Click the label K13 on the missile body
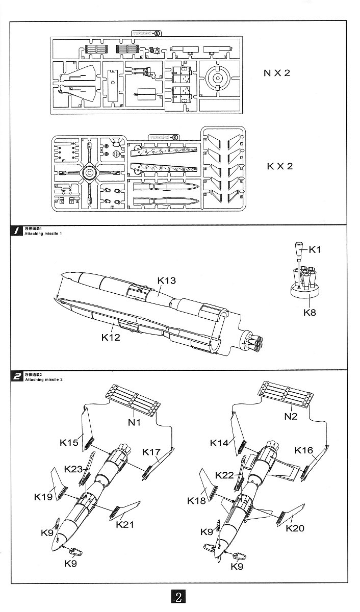pyautogui.click(x=166, y=280)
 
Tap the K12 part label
pyautogui.click(x=110, y=337)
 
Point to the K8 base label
pyautogui.click(x=310, y=312)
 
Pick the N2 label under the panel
pyautogui.click(x=290, y=416)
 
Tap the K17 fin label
pyautogui.click(x=151, y=452)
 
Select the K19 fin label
pyautogui.click(x=44, y=496)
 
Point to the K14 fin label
pyautogui.click(x=219, y=444)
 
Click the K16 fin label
pyautogui.click(x=304, y=450)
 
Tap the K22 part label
pyautogui.click(x=224, y=475)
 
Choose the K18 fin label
pyautogui.click(x=196, y=501)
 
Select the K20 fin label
pyautogui.click(x=295, y=528)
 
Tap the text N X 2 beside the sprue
pyautogui.click(x=277, y=73)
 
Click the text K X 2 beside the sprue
pyautogui.click(x=279, y=167)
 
